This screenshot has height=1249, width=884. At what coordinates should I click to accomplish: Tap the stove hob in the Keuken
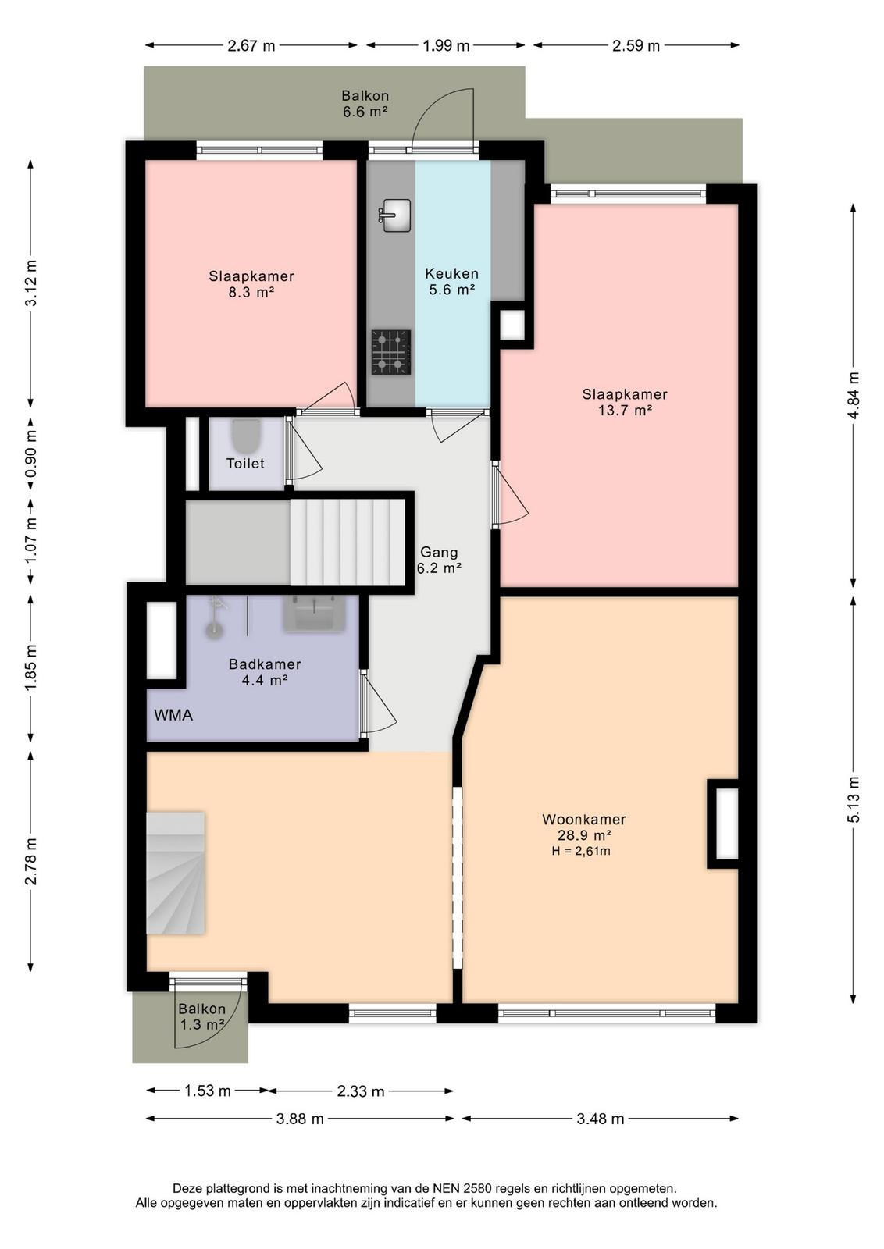pyautogui.click(x=391, y=352)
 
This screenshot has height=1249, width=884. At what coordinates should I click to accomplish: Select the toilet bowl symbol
pyautogui.click(x=246, y=436)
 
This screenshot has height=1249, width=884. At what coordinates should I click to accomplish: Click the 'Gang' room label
pyautogui.click(x=439, y=552)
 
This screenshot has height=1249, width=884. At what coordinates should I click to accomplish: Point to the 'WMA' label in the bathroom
pyautogui.click(x=173, y=715)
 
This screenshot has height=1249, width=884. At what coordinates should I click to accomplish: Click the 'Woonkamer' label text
pyautogui.click(x=584, y=819)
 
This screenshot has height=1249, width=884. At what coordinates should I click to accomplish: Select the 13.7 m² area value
pyautogui.click(x=625, y=411)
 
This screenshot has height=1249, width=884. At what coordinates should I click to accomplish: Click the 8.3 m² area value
pyautogui.click(x=251, y=292)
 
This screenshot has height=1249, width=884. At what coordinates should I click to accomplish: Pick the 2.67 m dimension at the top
pyautogui.click(x=251, y=46)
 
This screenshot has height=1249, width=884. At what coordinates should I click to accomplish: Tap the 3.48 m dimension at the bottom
pyautogui.click(x=600, y=1119)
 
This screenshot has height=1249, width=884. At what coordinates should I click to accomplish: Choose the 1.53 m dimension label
pyautogui.click(x=207, y=1090)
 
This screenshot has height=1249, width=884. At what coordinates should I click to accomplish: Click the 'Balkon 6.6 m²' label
pyautogui.click(x=365, y=103)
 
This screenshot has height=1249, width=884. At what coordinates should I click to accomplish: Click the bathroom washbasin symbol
pyautogui.click(x=314, y=613)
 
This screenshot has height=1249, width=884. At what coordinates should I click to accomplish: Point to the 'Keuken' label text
pyautogui.click(x=451, y=273)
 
